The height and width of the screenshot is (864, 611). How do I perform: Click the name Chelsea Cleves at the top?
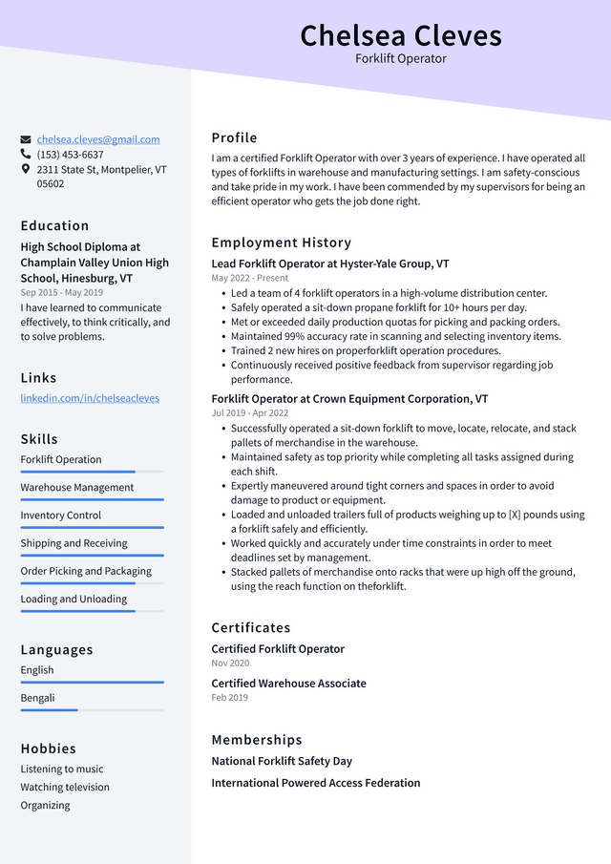[x=400, y=35]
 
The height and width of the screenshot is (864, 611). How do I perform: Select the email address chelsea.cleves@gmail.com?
[x=98, y=139]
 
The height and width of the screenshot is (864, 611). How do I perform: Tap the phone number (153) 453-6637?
[x=70, y=155]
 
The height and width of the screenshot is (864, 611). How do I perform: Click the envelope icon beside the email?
[x=26, y=139]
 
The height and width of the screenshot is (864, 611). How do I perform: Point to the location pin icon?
[x=26, y=169]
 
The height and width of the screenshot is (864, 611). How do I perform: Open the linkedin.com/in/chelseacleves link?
[x=90, y=398]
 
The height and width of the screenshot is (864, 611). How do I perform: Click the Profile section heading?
[x=234, y=137]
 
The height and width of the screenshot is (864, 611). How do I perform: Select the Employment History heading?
[x=281, y=242]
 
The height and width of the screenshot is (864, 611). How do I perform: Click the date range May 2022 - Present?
[x=249, y=278]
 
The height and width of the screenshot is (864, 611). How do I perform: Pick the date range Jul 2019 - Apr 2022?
[x=249, y=413]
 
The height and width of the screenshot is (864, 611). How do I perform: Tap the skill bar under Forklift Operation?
[x=92, y=472]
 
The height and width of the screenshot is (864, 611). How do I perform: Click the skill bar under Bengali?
[x=92, y=709]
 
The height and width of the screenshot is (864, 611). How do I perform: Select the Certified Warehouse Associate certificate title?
[x=288, y=684]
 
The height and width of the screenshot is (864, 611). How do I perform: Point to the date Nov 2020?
[x=230, y=663]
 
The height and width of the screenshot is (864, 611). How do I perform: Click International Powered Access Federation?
[x=315, y=783]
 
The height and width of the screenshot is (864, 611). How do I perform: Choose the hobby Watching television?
[x=65, y=788]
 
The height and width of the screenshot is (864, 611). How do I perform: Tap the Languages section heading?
[x=56, y=649]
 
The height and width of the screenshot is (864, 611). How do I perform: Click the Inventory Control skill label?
[x=61, y=516]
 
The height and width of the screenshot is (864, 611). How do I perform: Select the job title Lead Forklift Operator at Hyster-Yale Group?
[x=330, y=263]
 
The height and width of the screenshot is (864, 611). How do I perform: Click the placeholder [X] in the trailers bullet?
[x=520, y=515]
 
